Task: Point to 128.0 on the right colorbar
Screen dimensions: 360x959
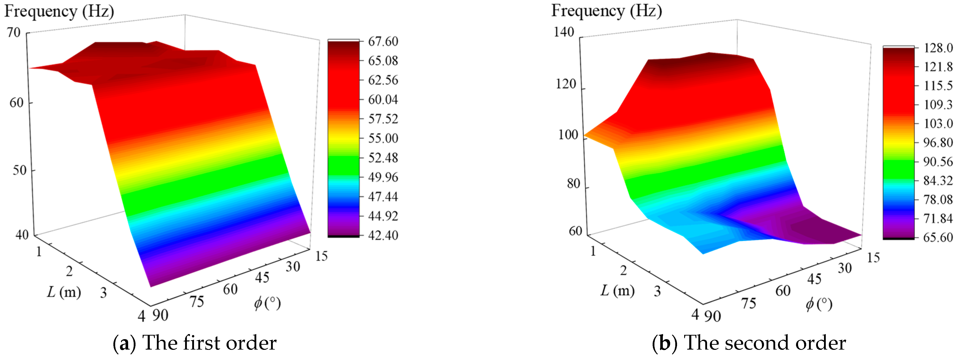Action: (x=938, y=48)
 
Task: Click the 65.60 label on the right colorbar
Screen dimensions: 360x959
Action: (x=938, y=237)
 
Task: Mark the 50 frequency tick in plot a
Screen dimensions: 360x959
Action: (x=19, y=170)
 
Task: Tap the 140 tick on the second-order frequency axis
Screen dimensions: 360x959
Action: (x=564, y=32)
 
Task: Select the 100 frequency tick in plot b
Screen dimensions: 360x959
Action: (x=568, y=134)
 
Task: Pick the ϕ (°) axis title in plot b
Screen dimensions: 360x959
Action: (x=819, y=304)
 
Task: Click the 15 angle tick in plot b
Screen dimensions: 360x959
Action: (x=873, y=257)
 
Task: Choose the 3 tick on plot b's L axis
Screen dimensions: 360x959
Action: (x=657, y=291)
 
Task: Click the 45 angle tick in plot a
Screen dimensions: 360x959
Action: (x=262, y=277)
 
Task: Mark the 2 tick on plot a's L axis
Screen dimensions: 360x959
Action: (x=69, y=271)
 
